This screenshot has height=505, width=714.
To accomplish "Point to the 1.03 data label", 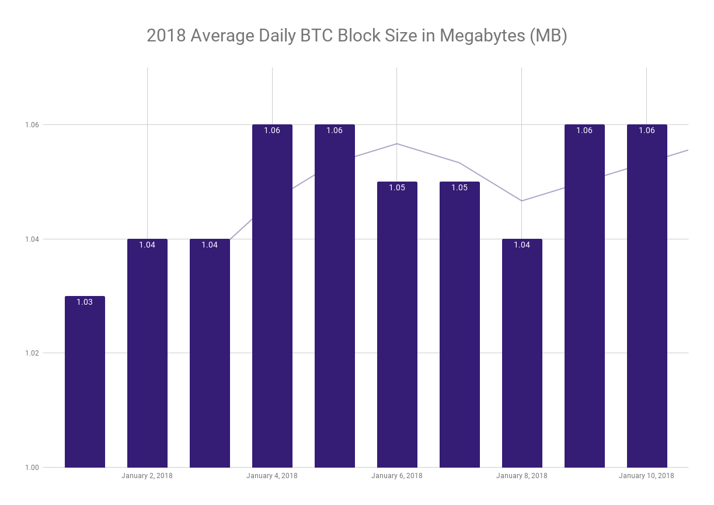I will pyautogui.click(x=85, y=302).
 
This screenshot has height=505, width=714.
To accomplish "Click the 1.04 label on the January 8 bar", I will pyautogui.click(x=522, y=245).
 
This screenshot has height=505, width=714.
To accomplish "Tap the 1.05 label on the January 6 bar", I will pyautogui.click(x=397, y=187).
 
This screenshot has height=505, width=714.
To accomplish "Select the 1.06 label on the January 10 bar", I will pyautogui.click(x=647, y=130).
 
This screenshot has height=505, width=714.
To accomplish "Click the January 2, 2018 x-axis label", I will pyautogui.click(x=147, y=476).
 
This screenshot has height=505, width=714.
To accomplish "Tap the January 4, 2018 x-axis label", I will pyautogui.click(x=272, y=476).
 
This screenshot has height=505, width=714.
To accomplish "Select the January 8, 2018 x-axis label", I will pyautogui.click(x=522, y=476).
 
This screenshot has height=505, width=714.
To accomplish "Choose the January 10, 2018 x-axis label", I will pyautogui.click(x=646, y=476).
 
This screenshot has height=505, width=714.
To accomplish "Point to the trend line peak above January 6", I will pyautogui.click(x=397, y=144).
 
